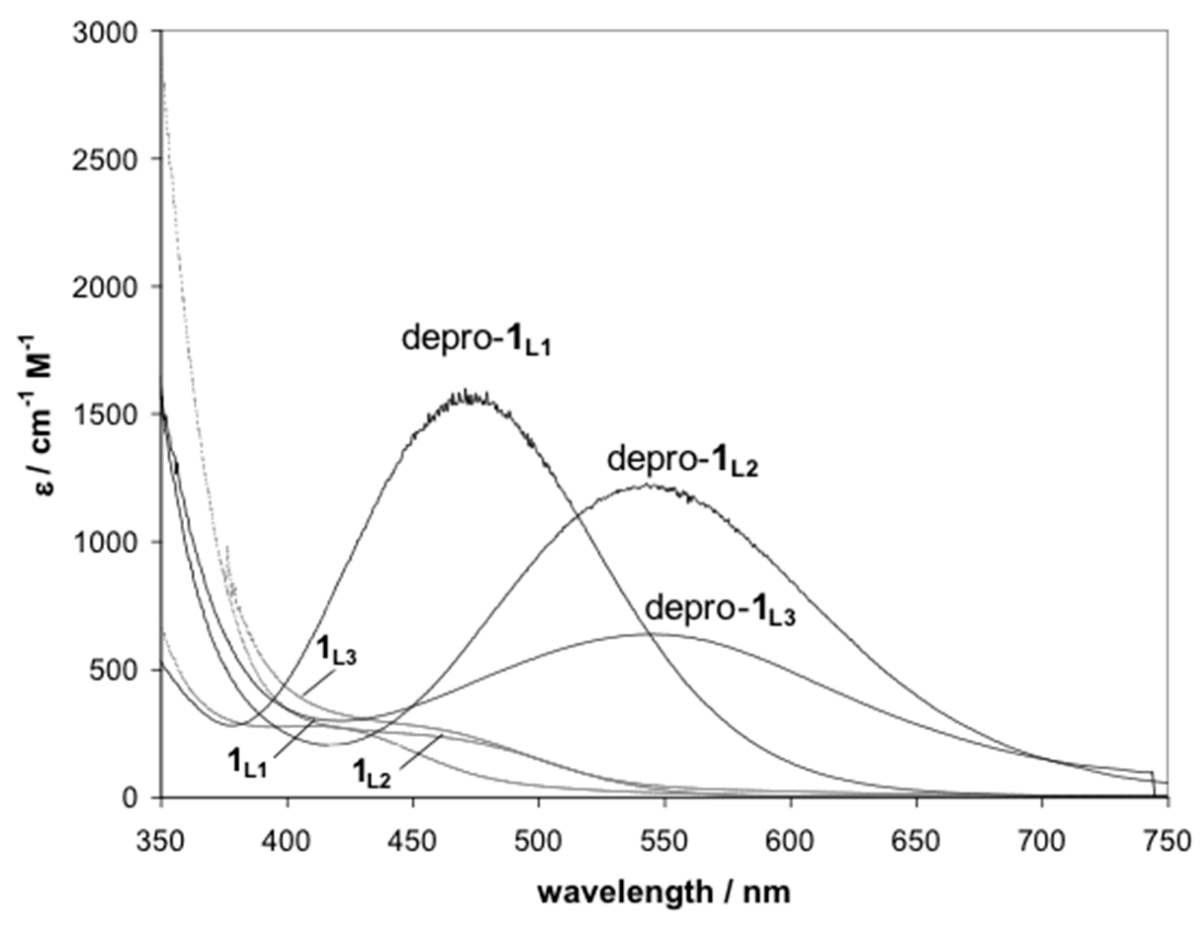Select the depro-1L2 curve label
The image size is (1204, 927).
(683, 461)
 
